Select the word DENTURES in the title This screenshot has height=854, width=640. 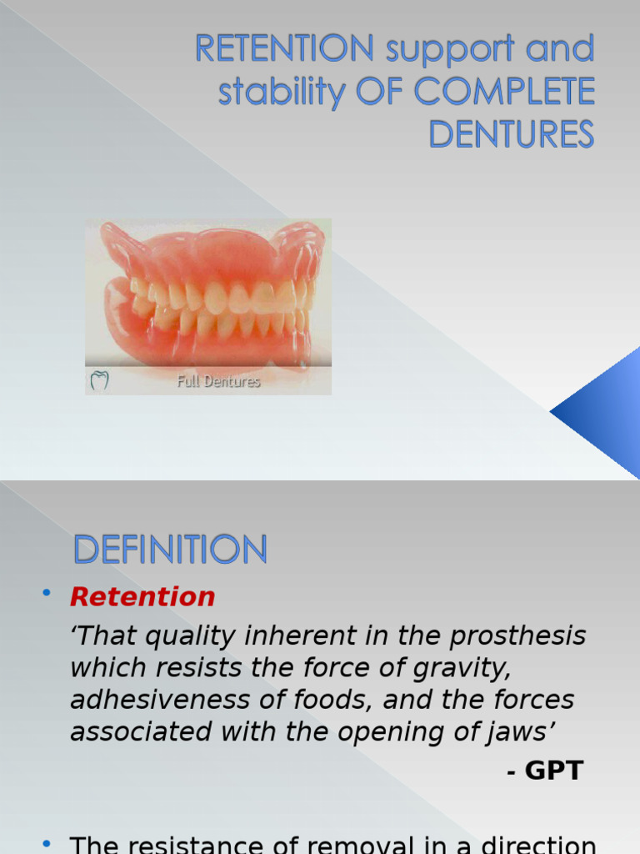pyautogui.click(x=511, y=133)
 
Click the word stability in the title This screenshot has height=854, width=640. pyautogui.click(x=281, y=93)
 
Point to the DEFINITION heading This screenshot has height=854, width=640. pyautogui.click(x=170, y=550)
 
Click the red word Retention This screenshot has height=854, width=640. pyautogui.click(x=142, y=597)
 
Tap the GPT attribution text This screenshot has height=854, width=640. pyautogui.click(x=546, y=771)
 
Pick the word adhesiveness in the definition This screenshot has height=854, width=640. pyautogui.click(x=154, y=700)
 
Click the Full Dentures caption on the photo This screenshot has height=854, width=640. pyautogui.click(x=218, y=382)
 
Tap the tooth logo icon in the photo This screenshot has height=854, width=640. pyautogui.click(x=99, y=381)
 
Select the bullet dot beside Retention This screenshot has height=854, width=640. pyautogui.click(x=47, y=593)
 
